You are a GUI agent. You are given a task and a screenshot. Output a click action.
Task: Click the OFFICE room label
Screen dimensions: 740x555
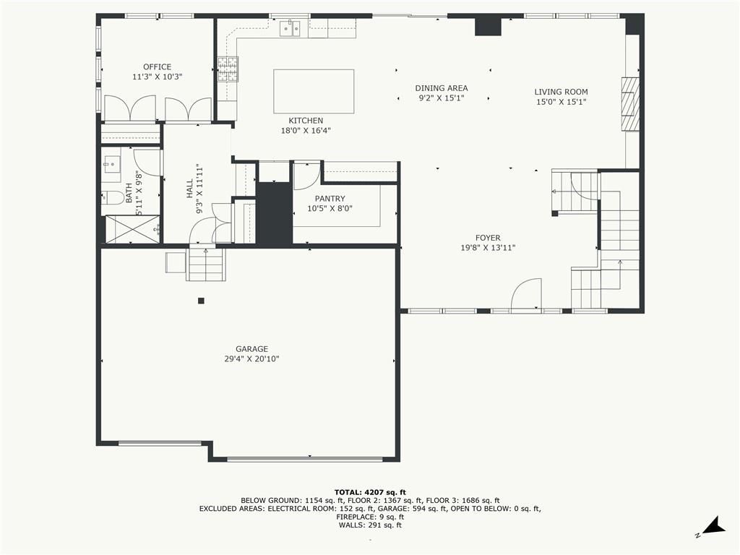[157, 67]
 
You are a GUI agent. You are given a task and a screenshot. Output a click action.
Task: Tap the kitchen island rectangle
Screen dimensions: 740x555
[314, 92]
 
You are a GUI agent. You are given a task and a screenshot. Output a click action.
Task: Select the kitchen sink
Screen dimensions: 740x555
[291, 28]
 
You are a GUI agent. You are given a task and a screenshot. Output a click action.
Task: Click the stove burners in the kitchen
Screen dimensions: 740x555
[228, 69]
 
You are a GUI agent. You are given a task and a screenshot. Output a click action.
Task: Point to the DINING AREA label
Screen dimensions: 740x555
[442, 88]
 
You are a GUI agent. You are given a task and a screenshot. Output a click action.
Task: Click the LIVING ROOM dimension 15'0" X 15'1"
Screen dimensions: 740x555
[561, 102]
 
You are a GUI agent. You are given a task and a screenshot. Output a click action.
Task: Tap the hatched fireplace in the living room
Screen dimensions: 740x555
[629, 104]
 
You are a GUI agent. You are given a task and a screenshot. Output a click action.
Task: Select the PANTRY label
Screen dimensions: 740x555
[330, 199]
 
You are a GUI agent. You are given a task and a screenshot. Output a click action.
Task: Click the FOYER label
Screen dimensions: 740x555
[488, 238]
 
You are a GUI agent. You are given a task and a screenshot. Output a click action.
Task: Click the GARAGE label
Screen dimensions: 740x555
[252, 349]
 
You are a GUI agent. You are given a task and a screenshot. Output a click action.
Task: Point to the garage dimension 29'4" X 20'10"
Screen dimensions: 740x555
[252, 359]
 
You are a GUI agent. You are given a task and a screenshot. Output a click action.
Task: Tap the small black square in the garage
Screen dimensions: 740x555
[201, 300]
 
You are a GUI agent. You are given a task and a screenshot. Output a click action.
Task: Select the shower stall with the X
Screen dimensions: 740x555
[132, 229]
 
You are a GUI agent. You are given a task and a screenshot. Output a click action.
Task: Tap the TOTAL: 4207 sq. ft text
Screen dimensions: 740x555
[370, 492]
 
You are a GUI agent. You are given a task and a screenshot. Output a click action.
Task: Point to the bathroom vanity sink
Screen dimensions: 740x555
[112, 165]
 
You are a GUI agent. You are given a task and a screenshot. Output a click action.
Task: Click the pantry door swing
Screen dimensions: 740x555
[306, 176]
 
